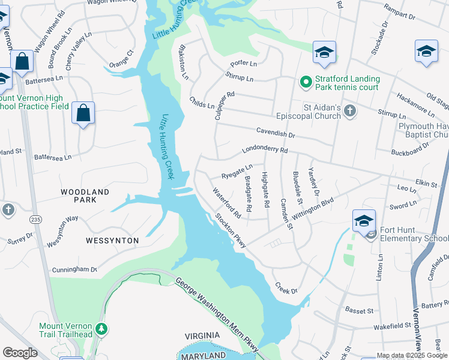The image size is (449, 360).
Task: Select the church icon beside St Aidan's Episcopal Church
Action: tap(351, 110)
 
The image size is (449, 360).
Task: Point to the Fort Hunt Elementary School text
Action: tap(414, 238)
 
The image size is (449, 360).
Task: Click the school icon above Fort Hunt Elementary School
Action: tap(364, 220)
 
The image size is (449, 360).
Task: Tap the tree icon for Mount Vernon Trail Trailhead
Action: tap(102, 329)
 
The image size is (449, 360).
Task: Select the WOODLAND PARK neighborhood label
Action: tap(85, 196)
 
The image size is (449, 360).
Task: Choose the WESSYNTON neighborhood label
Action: tap(103, 240)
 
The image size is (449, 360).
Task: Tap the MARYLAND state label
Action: tap(205, 356)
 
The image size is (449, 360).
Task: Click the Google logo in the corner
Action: tap(20, 353)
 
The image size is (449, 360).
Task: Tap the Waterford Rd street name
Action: tap(227, 203)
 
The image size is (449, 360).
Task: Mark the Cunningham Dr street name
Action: tap(74, 269)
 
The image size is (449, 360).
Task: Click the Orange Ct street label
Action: tap(121, 60)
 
